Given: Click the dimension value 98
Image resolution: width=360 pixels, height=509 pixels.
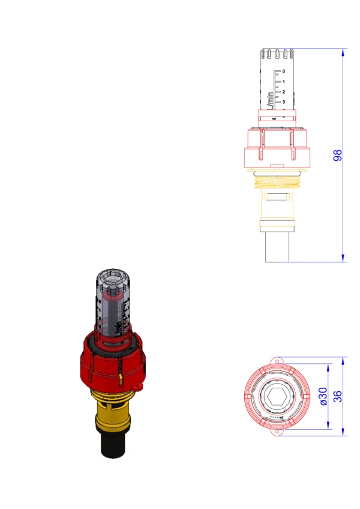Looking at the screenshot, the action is pyautogui.click(x=338, y=155).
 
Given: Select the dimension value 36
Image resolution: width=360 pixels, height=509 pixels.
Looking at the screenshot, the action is pyautogui.click(x=338, y=396).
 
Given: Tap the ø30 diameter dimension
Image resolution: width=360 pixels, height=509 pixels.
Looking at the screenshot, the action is pyautogui.click(x=323, y=396).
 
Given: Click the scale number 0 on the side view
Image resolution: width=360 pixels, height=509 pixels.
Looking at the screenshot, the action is pyautogui.click(x=284, y=71).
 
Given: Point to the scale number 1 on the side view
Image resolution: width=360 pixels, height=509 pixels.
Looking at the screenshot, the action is pyautogui.click(x=284, y=82).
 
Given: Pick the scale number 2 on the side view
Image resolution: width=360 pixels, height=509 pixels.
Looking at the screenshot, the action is pyautogui.click(x=284, y=92).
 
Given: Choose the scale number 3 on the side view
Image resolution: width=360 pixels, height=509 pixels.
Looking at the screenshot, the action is pyautogui.click(x=284, y=102).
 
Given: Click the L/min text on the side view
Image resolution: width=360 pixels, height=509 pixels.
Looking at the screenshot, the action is pyautogui.click(x=270, y=101).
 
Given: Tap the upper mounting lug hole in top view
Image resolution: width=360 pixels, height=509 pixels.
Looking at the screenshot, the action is pyautogui.click(x=278, y=361).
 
